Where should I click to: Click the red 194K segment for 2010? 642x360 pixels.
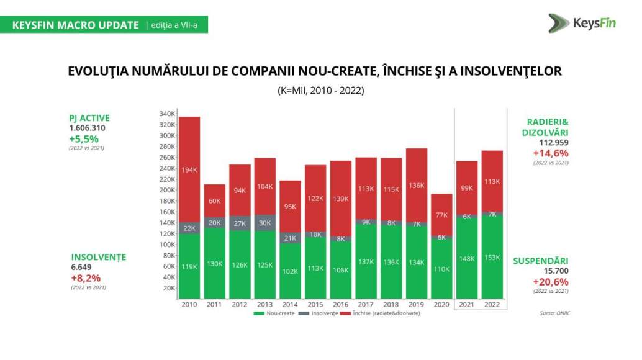[189, 169]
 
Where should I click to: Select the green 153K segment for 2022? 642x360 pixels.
[492, 257]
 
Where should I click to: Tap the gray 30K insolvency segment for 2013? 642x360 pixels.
[265, 223]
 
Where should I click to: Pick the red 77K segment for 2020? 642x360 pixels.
[441, 215]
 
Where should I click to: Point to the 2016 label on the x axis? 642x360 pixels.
[341, 304]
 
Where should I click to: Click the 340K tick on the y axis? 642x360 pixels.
[167, 114]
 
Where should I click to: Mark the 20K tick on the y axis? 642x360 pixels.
[169, 288]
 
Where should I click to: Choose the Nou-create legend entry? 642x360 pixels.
[274, 313]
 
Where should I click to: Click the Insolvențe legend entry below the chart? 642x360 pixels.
[319, 313]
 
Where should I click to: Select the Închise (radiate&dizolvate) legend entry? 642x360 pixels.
[381, 313]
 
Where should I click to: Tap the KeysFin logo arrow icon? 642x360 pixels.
[558, 23]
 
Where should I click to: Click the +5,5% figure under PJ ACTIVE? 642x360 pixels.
[84, 138]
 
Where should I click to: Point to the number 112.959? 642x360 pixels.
[554, 142]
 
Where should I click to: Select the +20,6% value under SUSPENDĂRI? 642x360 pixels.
[551, 282]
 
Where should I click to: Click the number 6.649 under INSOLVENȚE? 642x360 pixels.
[81, 267]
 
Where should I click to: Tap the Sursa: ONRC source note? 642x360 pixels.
[555, 313]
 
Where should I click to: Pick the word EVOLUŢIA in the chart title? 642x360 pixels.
[96, 71]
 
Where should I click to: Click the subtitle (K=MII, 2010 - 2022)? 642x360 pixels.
[320, 91]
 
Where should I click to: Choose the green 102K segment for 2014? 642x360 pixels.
[291, 271]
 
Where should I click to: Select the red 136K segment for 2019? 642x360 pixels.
[417, 186]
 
